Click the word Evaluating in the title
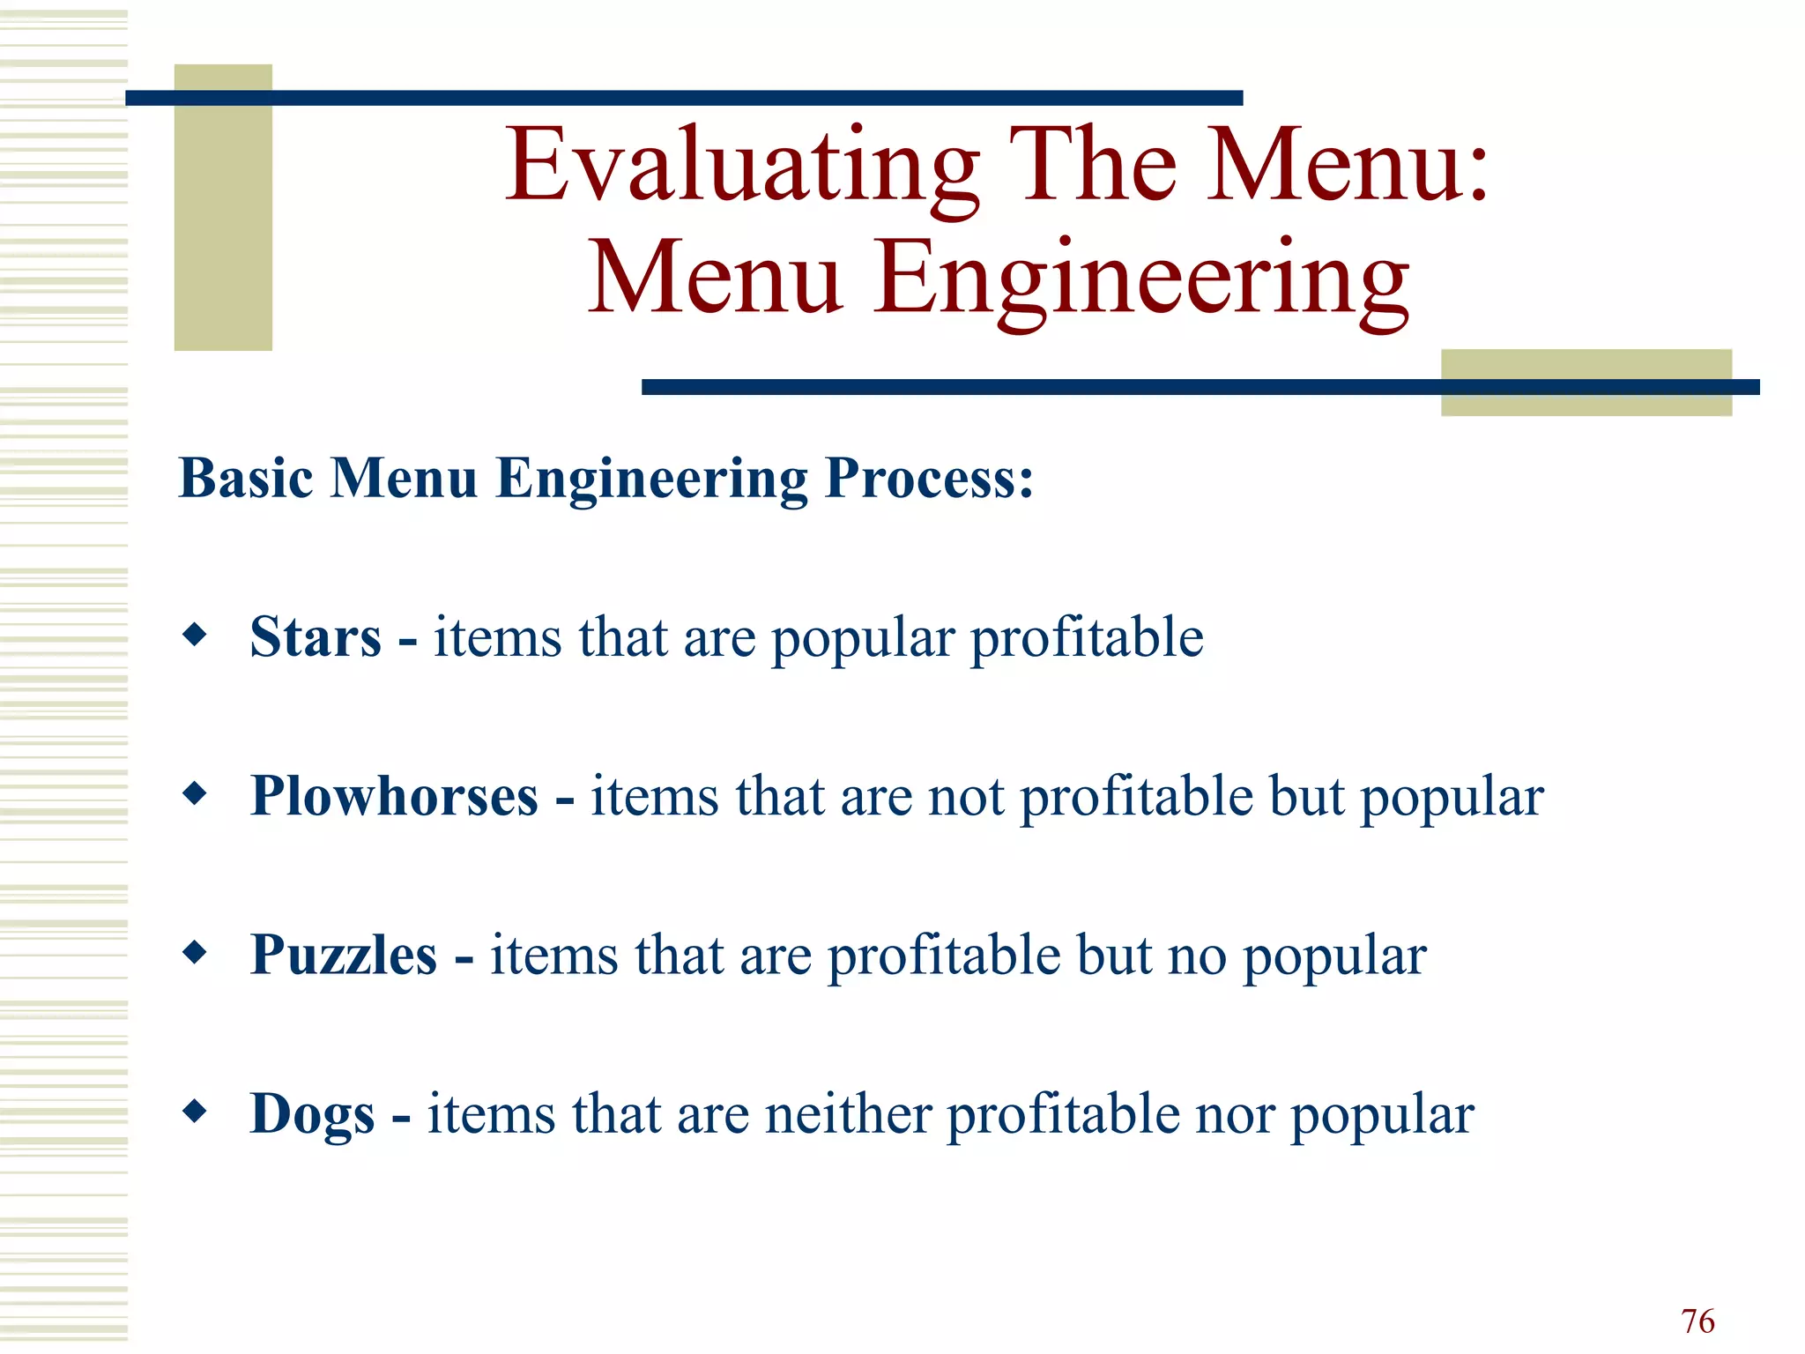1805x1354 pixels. point(742,166)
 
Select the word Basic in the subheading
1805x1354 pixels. point(246,479)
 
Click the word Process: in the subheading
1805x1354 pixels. point(929,479)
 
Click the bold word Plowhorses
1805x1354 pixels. point(394,796)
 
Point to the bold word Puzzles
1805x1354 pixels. point(344,955)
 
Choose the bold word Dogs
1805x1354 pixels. point(313,1114)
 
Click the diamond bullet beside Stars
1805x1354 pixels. point(195,635)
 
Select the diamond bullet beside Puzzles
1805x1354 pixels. point(195,953)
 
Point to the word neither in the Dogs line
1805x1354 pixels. point(848,1114)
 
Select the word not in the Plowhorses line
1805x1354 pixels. point(966,797)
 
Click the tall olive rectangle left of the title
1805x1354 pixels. point(223,208)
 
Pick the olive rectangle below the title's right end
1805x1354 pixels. point(1586,383)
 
